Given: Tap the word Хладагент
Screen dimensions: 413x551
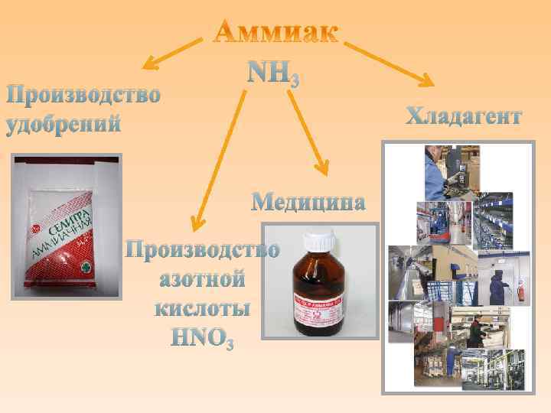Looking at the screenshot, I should pos(464,116).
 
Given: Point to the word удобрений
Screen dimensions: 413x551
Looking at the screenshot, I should pos(64,124).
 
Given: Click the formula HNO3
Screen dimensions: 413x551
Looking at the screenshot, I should pos(201,337).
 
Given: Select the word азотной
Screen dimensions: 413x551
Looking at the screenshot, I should pos(202,279).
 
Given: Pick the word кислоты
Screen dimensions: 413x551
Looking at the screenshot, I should pos(202,308).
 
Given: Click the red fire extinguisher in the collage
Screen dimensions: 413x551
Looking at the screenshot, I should pos(520,291).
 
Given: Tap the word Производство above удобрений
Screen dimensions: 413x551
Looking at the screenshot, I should pos(83,96).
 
